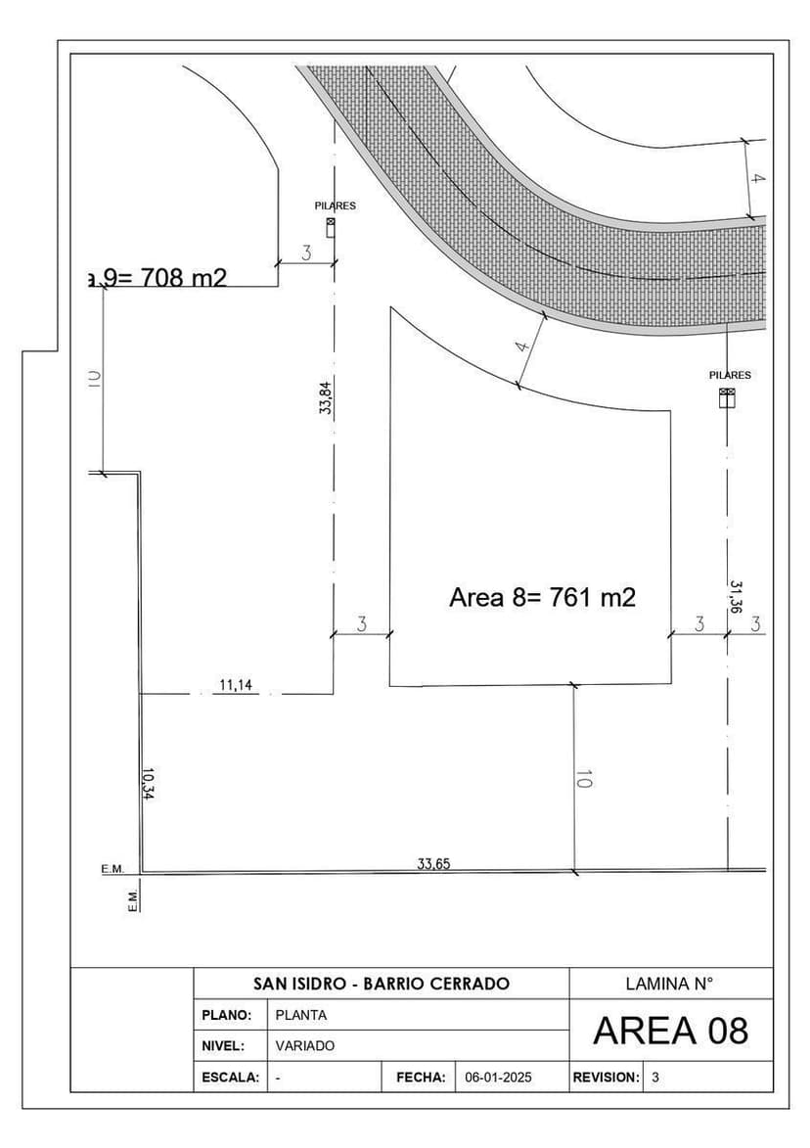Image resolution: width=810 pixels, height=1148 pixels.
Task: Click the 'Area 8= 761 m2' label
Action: [x=542, y=597]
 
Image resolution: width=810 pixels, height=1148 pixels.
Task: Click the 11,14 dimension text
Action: [x=235, y=685]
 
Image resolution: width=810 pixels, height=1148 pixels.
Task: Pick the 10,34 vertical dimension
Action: [x=148, y=784]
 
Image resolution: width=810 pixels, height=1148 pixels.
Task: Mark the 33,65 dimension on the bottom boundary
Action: [x=433, y=863]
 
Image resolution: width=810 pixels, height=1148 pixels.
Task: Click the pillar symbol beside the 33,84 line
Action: [x=331, y=226]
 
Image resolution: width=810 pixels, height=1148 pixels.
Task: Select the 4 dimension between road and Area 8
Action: [x=522, y=347]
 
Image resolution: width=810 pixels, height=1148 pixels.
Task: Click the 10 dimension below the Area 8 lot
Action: [x=584, y=780]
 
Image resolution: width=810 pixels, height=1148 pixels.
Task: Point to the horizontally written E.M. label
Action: [x=112, y=869]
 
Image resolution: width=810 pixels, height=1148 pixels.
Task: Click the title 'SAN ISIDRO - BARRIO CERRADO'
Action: [x=382, y=984]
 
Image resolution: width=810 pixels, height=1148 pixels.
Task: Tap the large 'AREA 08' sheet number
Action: [x=670, y=1031]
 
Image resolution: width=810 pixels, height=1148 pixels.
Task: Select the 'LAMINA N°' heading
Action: [x=670, y=984]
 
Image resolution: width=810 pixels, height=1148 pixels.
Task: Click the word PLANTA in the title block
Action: [x=301, y=1015]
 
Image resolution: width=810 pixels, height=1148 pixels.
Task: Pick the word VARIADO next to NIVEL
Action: [x=305, y=1045]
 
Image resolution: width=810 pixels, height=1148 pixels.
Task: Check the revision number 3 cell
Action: [x=655, y=1077]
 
